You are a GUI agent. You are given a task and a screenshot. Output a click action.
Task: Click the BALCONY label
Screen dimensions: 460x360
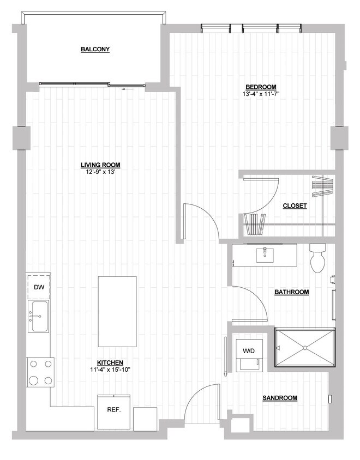pos(95,50)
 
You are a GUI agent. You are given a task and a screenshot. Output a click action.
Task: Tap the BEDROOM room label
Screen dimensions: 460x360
pos(260,87)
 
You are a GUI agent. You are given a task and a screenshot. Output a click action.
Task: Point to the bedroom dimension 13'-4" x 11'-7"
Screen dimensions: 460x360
pos(260,94)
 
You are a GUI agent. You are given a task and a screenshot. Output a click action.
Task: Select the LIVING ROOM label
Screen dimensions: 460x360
pos(100,165)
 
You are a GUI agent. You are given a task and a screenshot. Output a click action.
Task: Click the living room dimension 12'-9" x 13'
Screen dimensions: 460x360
pos(100,172)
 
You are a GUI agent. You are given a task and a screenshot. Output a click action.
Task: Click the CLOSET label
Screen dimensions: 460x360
pos(295,206)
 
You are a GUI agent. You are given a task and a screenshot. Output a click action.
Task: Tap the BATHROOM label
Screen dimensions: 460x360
pos(291,292)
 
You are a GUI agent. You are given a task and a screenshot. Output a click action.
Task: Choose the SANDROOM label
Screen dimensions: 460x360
pos(280,398)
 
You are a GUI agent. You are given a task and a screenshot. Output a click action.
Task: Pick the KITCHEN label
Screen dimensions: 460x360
pos(110,363)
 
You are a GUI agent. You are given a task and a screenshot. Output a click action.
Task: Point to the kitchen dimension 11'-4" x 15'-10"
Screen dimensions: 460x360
pos(110,370)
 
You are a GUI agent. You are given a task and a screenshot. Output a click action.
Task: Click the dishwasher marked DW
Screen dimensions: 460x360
pos(38,287)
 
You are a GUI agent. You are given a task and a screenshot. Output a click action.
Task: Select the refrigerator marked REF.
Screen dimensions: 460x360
pos(113,409)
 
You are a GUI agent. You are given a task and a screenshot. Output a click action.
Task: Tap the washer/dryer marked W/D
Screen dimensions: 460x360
pos(248,351)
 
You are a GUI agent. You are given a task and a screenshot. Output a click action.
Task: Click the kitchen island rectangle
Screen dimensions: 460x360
pos(117,311)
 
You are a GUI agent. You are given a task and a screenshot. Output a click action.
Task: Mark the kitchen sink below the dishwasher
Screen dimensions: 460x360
pos(38,317)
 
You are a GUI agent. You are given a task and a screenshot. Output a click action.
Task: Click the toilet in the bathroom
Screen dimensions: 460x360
pos(317,259)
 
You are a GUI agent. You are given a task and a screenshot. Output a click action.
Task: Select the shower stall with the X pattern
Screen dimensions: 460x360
pos(304,348)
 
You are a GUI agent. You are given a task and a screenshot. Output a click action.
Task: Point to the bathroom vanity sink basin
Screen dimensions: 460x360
pos(266,253)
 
